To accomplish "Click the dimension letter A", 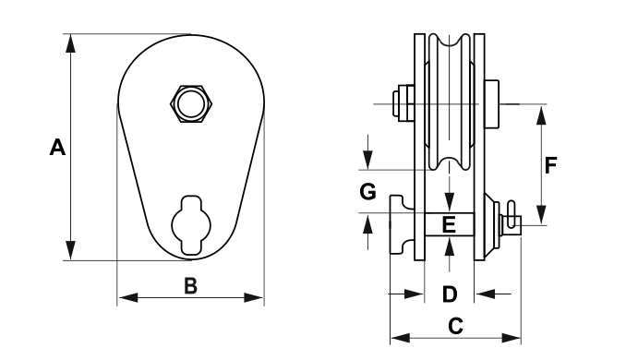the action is (57, 148).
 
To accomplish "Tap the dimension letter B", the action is (191, 286).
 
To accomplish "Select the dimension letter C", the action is (455, 326).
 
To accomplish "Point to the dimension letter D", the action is (450, 294).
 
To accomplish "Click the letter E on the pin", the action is (449, 224).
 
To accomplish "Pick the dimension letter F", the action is (550, 165).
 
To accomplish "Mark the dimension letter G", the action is (367, 192).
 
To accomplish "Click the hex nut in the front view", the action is (191, 104).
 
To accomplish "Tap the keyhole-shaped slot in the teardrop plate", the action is (191, 225).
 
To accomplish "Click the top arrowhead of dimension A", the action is (71, 43).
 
